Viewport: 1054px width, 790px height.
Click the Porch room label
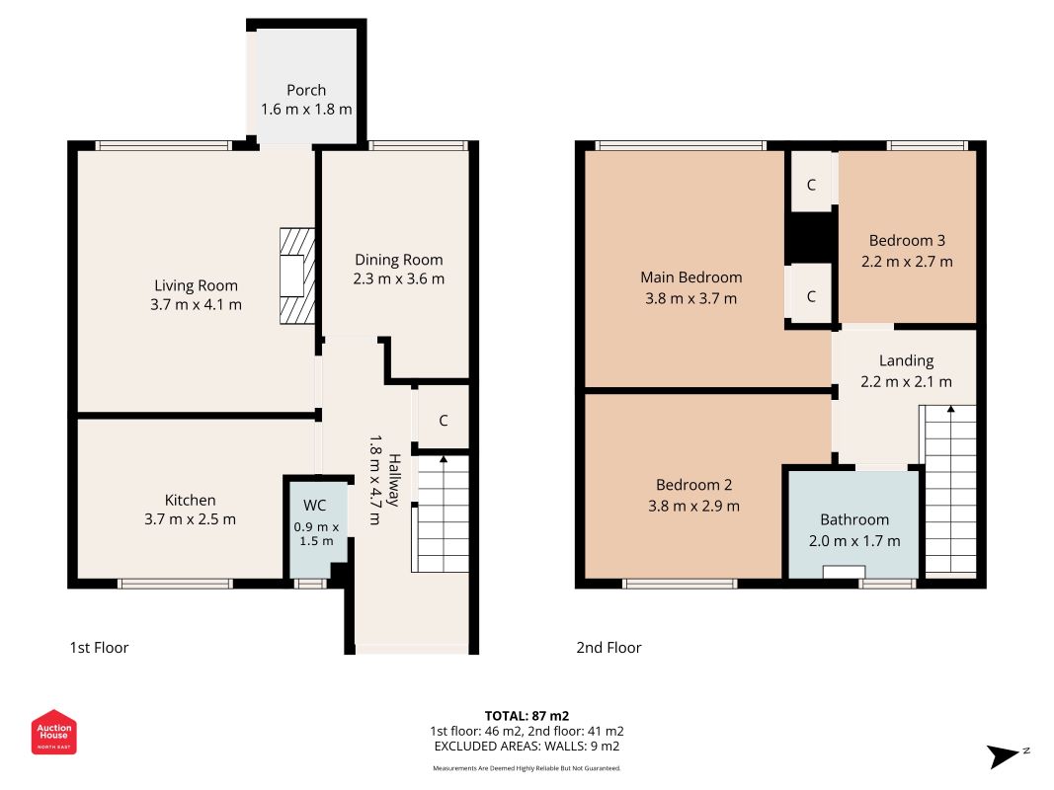click(306, 90)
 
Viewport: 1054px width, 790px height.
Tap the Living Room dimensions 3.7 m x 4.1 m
click(196, 304)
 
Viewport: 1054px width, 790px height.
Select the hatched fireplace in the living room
click(297, 276)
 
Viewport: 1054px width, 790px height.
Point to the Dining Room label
click(399, 260)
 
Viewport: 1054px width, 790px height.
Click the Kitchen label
click(191, 500)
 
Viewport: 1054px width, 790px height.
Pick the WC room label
click(314, 506)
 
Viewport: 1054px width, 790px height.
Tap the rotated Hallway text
click(394, 480)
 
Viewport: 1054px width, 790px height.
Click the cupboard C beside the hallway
click(443, 421)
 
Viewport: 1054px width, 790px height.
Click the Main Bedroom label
click(691, 277)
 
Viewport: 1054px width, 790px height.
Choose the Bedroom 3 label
click(907, 241)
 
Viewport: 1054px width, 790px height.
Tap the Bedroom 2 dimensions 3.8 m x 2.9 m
click(693, 506)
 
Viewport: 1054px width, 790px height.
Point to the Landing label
click(906, 360)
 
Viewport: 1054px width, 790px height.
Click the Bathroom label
click(854, 519)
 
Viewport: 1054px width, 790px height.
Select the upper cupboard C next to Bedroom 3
click(811, 185)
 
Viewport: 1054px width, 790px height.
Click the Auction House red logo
click(53, 732)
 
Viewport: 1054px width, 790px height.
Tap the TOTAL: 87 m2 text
click(527, 716)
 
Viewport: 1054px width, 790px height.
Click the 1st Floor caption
click(99, 648)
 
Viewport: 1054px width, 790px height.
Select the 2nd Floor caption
click(608, 648)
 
